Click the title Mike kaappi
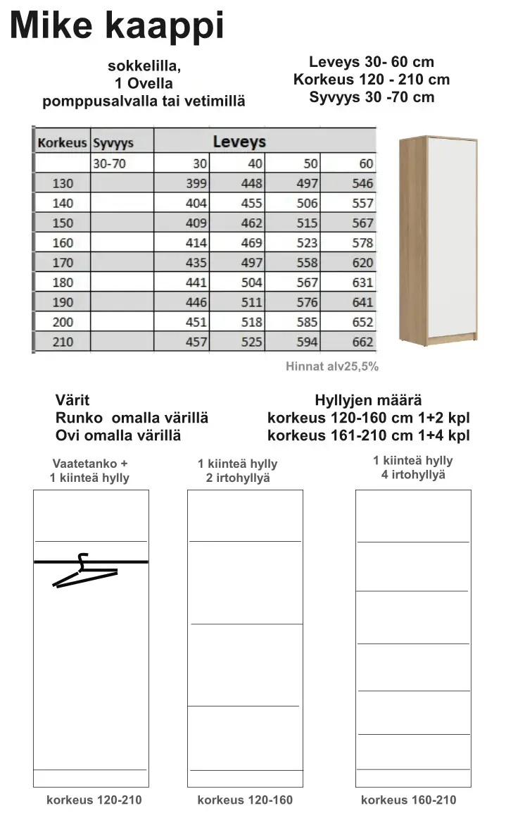tap(117, 25)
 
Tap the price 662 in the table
tap(362, 342)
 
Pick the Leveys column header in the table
tap(239, 142)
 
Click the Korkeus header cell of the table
tap(62, 143)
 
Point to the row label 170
tap(63, 263)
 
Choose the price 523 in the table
tap(307, 243)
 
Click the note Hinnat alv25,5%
tap(332, 366)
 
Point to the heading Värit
tap(72, 400)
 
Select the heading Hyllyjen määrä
tap(368, 400)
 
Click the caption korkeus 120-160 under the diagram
tap(245, 800)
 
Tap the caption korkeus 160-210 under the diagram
tap(408, 800)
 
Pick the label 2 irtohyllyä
tap(238, 479)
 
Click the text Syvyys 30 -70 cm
tap(372, 97)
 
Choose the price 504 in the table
tap(251, 283)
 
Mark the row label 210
tap(63, 342)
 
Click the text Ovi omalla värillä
tap(118, 435)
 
